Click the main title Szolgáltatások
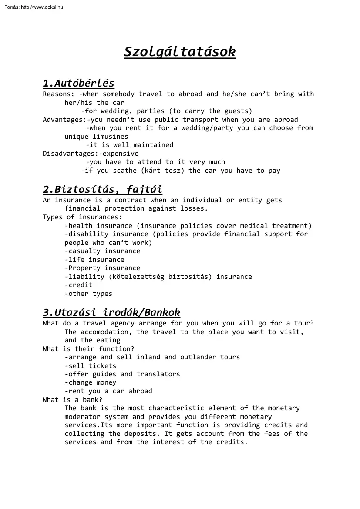(x=180, y=52)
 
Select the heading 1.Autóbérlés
(x=78, y=83)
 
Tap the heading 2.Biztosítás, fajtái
(x=102, y=189)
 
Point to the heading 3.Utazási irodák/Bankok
(x=111, y=312)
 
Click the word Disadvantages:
(x=71, y=153)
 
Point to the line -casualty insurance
(x=102, y=251)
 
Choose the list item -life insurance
(x=94, y=260)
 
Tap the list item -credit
(x=78, y=285)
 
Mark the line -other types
(x=88, y=294)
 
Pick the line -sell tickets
(x=91, y=366)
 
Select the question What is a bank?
(x=73, y=400)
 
